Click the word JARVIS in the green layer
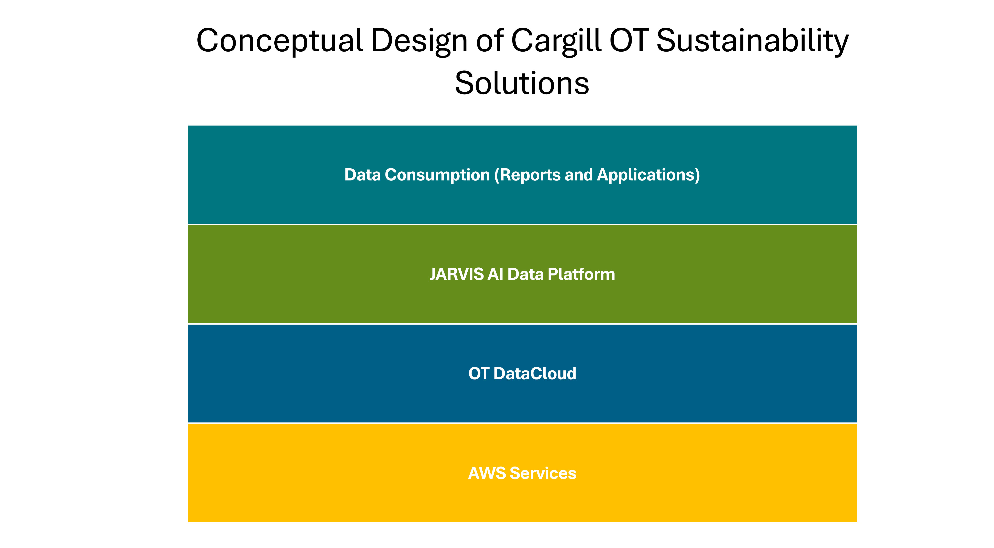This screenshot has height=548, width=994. [457, 274]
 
